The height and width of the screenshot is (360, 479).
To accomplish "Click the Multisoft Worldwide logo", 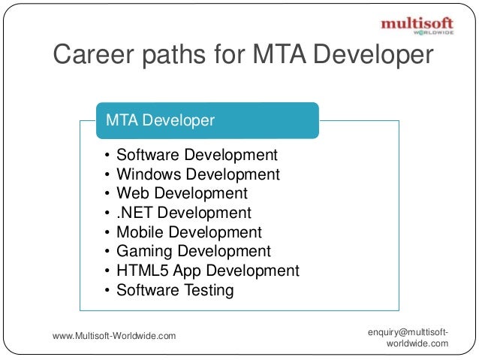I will point(417,26).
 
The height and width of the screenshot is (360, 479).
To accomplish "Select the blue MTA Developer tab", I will point(207,120).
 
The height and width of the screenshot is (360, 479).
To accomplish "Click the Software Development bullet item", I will point(197,156).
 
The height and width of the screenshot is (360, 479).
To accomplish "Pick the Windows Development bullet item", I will point(197,175).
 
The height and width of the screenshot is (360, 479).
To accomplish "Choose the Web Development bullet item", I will point(182,194).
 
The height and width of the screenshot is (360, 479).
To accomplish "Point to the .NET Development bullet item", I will point(183,213).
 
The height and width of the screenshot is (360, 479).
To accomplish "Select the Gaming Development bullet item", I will point(193,252).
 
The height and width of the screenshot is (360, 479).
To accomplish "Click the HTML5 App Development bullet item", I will point(207,271).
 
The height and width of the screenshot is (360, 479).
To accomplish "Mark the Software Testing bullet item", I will point(175,290).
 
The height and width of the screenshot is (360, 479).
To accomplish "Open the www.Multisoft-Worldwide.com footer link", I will point(114,335).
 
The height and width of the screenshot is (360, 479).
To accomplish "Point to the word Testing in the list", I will point(206,290).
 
